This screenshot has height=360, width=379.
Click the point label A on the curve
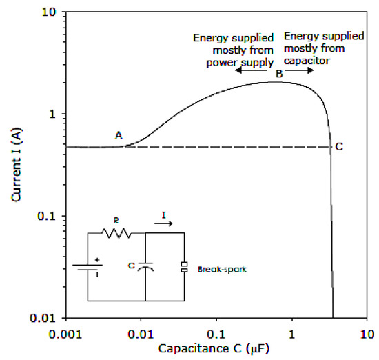point(119,136)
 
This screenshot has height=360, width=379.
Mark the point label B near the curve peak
point(279,73)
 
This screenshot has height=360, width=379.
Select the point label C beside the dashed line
point(339,146)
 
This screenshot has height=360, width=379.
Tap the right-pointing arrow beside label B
point(303,71)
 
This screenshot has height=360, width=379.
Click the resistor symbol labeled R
point(116,234)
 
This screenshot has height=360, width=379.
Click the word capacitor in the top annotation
point(309,61)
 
